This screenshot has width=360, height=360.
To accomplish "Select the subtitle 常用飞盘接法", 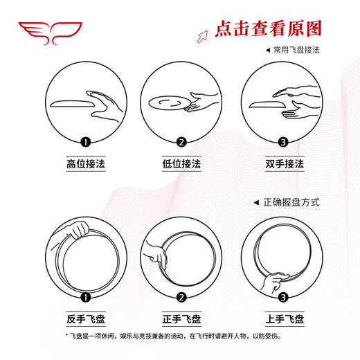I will pos(296,51).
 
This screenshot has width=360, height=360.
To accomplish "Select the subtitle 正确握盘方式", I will pos(291,202).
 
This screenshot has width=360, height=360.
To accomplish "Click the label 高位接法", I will pos(86,165).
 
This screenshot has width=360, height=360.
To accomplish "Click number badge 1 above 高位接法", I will pos(86,143).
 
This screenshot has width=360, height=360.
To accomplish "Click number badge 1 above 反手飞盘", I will pos(86,298).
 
